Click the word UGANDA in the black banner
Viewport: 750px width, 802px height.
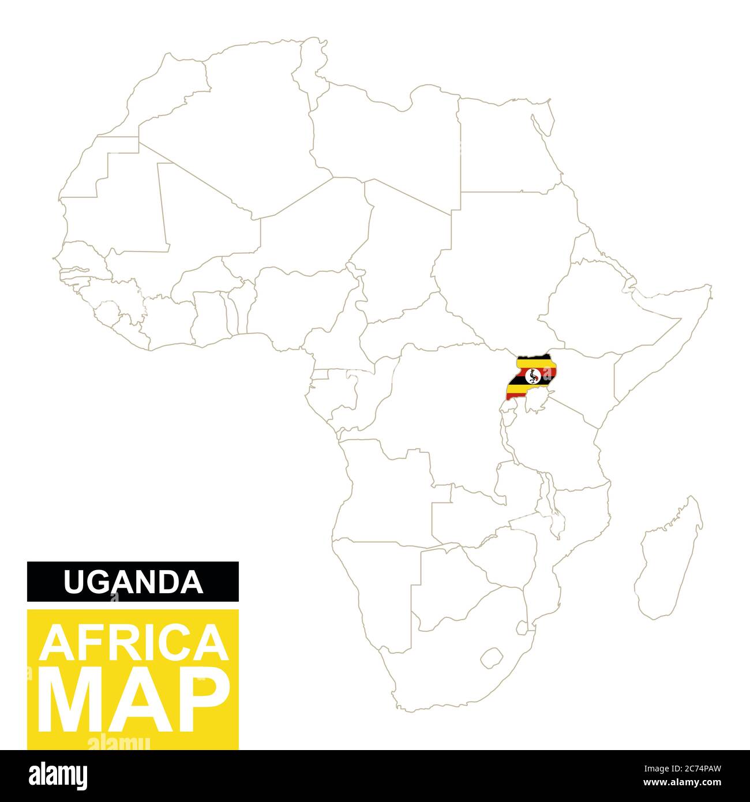point(133,582)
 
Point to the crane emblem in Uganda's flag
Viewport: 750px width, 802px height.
point(534,376)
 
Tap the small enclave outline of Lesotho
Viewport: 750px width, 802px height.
point(491,657)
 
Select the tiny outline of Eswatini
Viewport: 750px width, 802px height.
point(522,627)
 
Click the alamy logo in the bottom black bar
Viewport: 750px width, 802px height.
point(58,774)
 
